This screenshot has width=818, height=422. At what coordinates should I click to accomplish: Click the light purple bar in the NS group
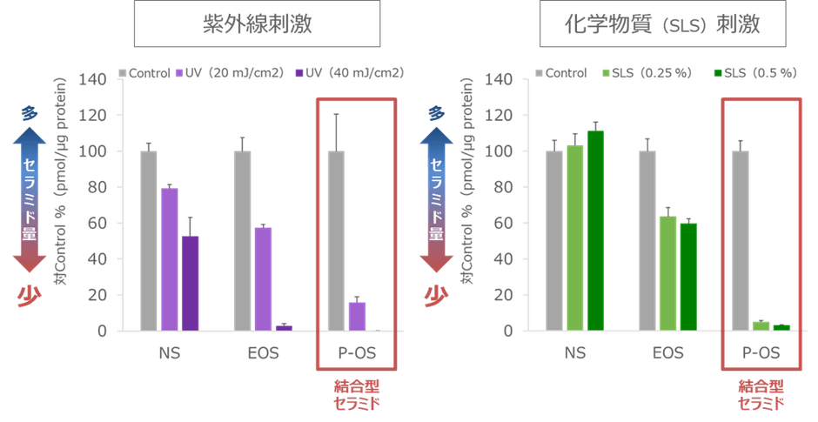170,258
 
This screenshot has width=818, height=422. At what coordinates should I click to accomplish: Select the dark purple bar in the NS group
191,283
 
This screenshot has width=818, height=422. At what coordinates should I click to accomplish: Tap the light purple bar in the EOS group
263,278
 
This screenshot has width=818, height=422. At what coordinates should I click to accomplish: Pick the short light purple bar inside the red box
357,316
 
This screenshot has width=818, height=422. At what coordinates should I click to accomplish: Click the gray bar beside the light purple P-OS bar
336,240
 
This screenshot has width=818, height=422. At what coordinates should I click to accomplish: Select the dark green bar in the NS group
595,231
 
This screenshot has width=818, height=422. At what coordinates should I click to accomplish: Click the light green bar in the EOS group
667,272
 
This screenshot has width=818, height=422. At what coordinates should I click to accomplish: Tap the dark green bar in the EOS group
688,277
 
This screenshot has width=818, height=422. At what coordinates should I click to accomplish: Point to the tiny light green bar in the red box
761,325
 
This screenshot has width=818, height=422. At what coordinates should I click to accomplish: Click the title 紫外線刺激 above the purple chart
257,23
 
